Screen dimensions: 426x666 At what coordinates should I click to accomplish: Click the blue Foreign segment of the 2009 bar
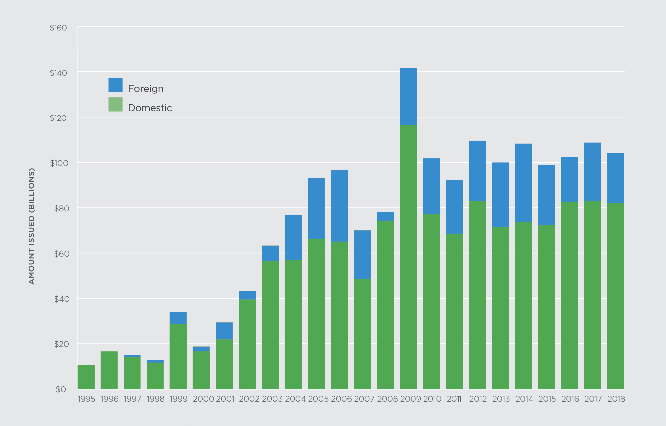point(408,96)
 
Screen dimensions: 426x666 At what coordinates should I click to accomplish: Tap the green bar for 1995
point(86,377)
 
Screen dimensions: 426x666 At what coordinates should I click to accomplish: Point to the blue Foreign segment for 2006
point(339,206)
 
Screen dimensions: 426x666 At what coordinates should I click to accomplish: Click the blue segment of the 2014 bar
point(523,183)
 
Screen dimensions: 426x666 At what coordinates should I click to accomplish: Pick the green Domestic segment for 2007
point(362,334)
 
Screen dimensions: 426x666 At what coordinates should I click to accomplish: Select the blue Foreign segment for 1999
point(178,318)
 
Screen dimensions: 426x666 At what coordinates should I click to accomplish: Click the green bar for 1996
point(109,370)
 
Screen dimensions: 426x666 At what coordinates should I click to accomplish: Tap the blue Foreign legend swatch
point(115,85)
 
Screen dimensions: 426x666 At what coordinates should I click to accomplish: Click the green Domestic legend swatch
point(115,105)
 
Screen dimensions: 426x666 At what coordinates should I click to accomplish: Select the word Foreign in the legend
point(146,89)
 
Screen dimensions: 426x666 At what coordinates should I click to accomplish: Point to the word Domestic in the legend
point(150,108)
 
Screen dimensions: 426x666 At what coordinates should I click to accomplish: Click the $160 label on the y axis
point(58,28)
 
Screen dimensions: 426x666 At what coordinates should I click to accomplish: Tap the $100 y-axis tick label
point(59,163)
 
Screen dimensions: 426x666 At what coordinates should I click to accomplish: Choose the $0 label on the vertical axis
point(61,389)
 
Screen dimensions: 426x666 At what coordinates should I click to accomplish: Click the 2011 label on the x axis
point(454,399)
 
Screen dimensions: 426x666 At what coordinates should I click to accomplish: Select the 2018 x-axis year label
point(616,399)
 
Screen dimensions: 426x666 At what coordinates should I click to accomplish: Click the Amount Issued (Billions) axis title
point(32,226)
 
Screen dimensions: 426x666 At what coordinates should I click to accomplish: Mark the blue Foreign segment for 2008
point(385,216)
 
